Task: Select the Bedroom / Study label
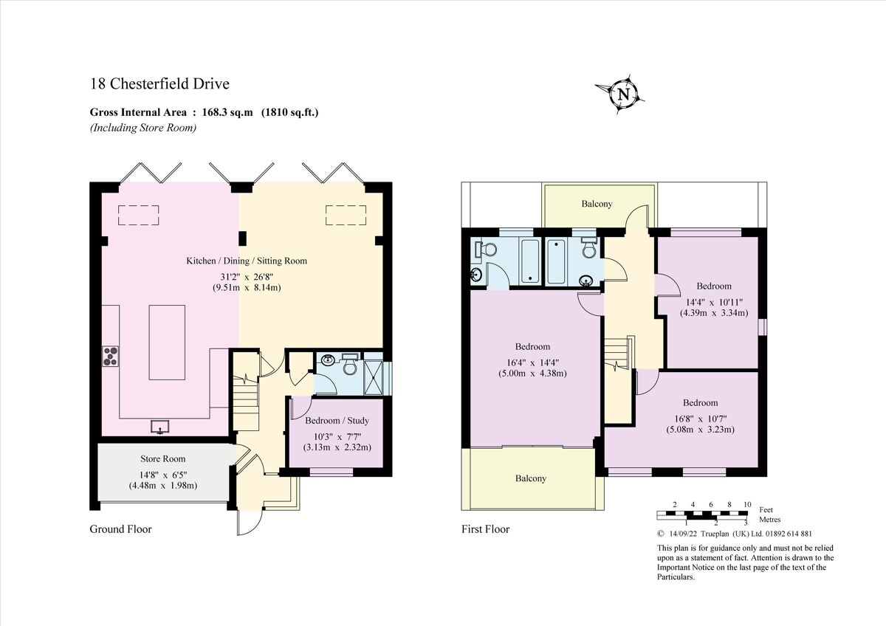[x=337, y=421]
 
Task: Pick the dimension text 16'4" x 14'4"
[x=532, y=361]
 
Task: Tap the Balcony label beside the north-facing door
[x=597, y=204]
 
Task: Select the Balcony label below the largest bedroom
[x=531, y=478]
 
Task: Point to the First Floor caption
[x=485, y=529]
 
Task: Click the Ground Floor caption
[x=120, y=529]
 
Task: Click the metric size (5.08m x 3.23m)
[x=700, y=429]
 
